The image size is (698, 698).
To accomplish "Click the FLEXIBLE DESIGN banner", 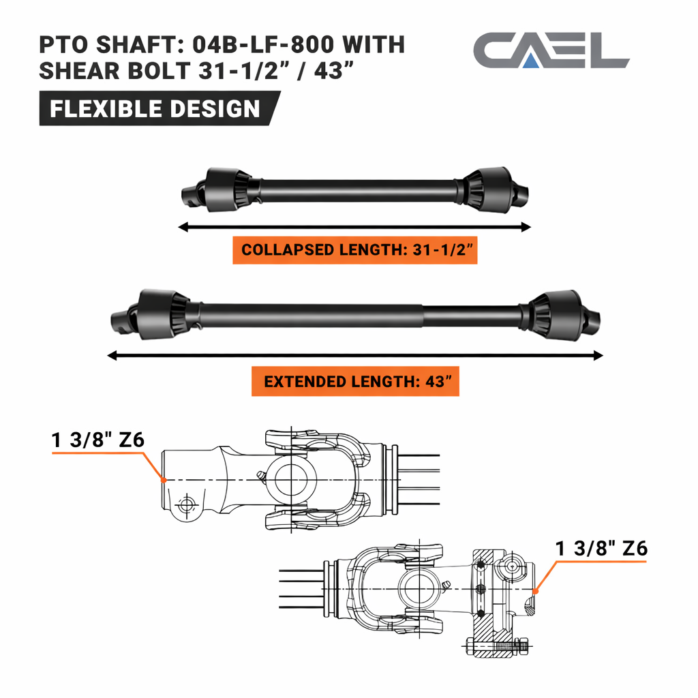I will [155, 109].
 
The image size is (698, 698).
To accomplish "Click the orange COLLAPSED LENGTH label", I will [354, 249].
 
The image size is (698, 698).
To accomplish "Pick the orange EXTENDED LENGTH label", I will [354, 381].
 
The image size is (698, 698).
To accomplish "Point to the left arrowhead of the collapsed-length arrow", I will [181, 227].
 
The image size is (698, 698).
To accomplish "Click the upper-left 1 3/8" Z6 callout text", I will [98, 440].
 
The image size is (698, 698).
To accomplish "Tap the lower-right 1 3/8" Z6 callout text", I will [601, 549].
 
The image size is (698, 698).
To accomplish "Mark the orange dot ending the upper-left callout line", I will [164, 480].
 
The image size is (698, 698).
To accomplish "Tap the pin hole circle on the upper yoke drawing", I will [183, 505].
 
